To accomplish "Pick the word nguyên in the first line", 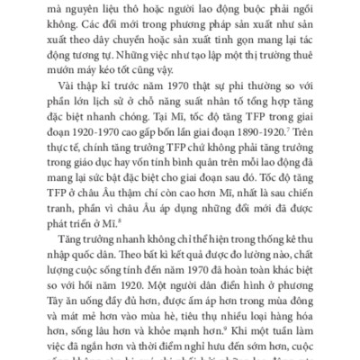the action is pyautogui.click(x=101, y=5).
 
